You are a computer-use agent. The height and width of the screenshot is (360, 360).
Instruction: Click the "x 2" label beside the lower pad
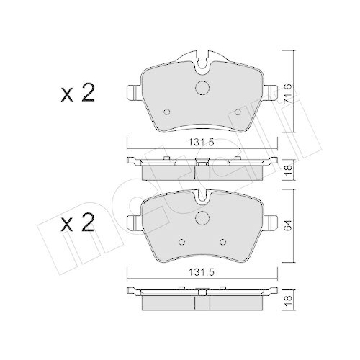(x=78, y=224)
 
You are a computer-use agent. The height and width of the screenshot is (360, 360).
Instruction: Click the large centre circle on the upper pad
(x=202, y=89)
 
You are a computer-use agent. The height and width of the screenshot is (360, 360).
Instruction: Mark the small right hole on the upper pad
(x=238, y=112)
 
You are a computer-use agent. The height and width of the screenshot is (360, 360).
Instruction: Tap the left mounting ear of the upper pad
(x=132, y=93)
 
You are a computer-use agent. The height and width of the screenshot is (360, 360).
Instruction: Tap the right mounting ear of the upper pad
(x=271, y=93)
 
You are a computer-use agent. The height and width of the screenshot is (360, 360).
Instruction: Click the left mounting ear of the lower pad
(x=132, y=221)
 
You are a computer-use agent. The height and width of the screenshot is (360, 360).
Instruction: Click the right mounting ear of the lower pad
(x=271, y=221)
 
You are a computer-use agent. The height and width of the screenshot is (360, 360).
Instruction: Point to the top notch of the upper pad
(x=202, y=57)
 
